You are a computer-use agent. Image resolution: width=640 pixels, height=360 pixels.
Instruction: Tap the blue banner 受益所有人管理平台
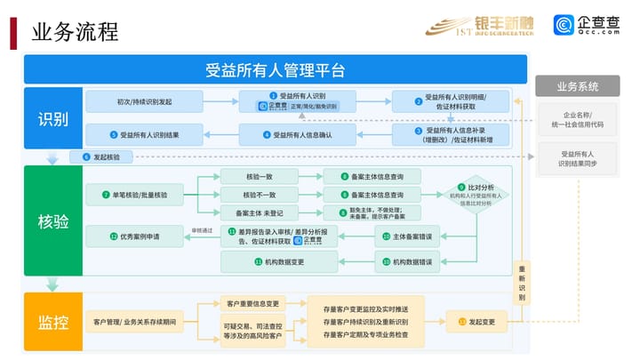click(x=275, y=69)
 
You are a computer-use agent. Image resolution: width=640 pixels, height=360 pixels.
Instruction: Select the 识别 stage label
click(x=53, y=119)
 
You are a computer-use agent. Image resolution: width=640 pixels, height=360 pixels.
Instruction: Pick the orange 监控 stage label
click(x=53, y=321)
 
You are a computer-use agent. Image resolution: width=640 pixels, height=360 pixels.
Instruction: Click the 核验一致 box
click(x=259, y=176)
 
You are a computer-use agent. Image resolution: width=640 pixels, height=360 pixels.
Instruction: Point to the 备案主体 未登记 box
click(x=259, y=213)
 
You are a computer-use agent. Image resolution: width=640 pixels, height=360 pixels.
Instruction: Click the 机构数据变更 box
click(x=278, y=262)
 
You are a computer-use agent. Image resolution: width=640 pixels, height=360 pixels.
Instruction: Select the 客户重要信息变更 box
click(x=254, y=302)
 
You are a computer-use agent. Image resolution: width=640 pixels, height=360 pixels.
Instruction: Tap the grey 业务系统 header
click(x=577, y=86)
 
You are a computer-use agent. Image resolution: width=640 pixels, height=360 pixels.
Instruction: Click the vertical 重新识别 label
click(x=521, y=283)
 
